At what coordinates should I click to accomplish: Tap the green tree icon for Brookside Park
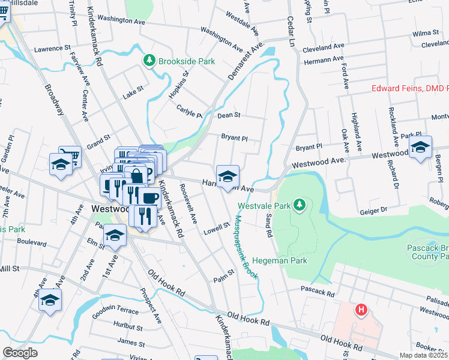point(149,61)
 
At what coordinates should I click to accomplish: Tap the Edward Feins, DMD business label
point(410,89)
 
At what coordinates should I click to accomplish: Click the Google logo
point(20,353)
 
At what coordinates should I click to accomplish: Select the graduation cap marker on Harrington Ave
point(228,176)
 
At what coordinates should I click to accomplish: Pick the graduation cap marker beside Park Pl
point(420,146)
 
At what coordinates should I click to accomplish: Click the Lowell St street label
point(217,227)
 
